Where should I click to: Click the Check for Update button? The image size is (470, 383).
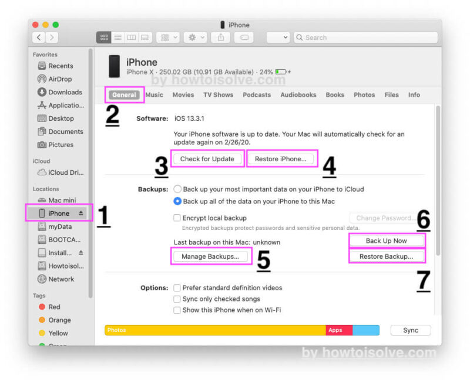[x=207, y=159]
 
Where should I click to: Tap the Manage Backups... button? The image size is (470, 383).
[x=210, y=256]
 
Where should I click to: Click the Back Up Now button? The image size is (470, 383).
[x=387, y=241]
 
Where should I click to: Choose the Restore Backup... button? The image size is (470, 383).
[x=387, y=256]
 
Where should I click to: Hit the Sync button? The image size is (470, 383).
[x=411, y=330]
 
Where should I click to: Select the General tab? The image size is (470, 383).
[x=124, y=95]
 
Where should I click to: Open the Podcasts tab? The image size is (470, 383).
[x=257, y=95]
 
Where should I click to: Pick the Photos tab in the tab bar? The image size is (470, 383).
[x=364, y=95]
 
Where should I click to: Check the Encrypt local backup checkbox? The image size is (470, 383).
[x=177, y=218]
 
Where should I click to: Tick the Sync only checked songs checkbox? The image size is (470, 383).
[x=177, y=299]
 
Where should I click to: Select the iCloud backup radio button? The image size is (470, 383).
[x=177, y=189]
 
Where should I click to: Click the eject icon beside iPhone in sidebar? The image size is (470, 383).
[x=80, y=213]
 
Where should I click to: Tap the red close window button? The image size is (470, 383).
[x=35, y=25]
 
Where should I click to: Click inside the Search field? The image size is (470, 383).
[x=365, y=38]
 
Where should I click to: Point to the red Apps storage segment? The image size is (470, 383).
[x=339, y=330]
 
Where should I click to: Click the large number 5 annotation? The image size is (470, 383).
[x=264, y=260]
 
